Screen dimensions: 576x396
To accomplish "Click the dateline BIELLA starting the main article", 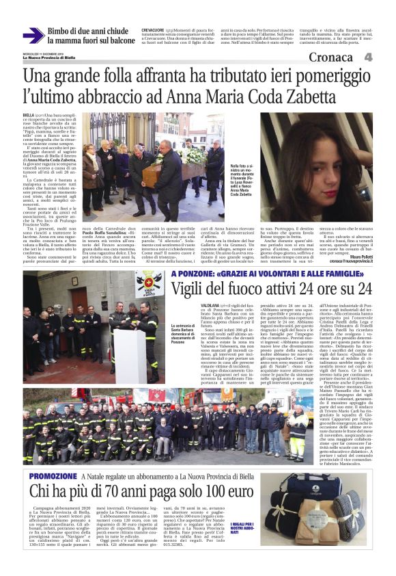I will point(29,116).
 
